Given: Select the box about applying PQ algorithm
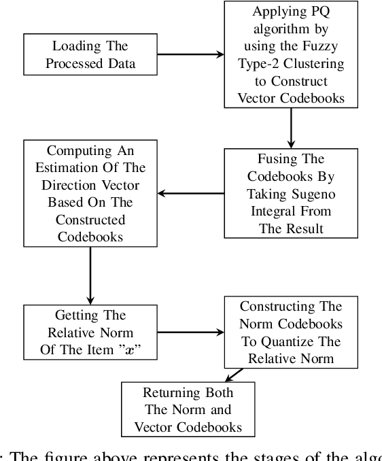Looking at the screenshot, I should pos(291,54).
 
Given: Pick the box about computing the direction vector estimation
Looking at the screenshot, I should pos(90,193).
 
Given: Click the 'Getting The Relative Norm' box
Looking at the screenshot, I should pos(90,331).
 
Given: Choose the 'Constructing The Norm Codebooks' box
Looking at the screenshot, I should pos(290,331).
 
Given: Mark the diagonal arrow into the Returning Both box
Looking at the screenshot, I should pos(234,374).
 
